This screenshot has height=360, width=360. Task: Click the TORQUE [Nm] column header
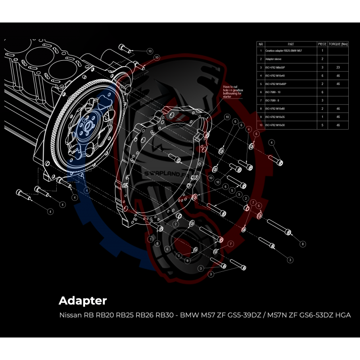[x=338, y=44]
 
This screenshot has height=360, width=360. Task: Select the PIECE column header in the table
[x=322, y=44]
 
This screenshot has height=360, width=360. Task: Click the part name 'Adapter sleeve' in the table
[x=274, y=59]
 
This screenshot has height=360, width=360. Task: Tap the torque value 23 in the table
[x=338, y=67]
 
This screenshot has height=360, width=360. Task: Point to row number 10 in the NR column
[x=261, y=125]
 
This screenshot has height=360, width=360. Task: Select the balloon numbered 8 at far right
[x=303, y=244]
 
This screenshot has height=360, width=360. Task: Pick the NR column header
[x=261, y=44]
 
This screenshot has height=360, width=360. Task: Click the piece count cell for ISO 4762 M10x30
[x=322, y=125]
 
